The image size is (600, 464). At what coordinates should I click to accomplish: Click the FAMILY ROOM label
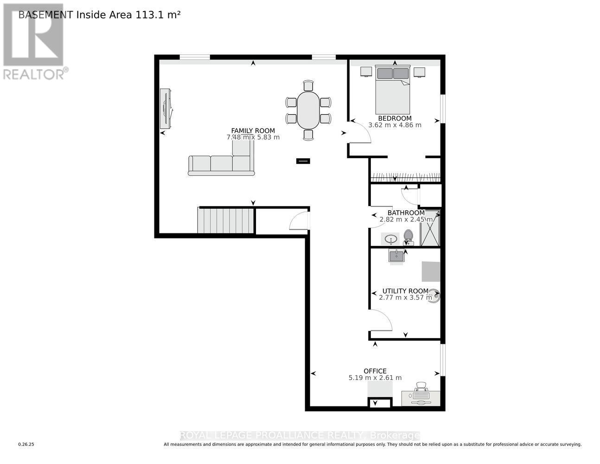tap(253, 131)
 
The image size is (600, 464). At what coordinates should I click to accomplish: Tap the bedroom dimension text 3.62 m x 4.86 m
tap(395, 125)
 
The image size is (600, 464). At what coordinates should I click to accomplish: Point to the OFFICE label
tap(375, 371)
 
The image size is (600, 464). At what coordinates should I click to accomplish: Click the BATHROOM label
tap(406, 213)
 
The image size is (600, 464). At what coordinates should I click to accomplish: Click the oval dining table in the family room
tap(308, 110)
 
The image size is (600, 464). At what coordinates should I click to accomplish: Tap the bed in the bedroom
tap(393, 89)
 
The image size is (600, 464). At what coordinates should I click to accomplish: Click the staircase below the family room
tap(226, 220)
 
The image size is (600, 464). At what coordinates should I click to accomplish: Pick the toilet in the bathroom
tap(408, 237)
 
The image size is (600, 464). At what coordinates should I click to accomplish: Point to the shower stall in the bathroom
tap(429, 228)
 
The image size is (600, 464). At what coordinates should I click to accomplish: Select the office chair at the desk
tap(421, 387)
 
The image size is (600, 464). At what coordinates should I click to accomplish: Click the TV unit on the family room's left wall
tap(166, 109)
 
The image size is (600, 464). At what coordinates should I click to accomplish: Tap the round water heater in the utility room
tap(434, 296)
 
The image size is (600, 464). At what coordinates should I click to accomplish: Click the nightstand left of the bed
tap(366, 72)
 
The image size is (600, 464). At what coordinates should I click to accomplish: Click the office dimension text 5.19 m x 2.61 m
tap(375, 378)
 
